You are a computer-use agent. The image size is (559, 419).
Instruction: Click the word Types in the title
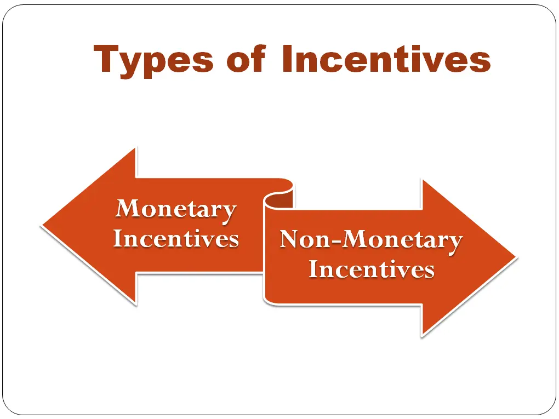tap(153, 60)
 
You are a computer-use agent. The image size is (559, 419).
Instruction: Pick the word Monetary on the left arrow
tap(176, 209)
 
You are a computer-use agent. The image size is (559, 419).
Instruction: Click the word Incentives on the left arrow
tap(176, 239)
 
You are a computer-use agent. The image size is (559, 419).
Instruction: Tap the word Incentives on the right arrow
tap(371, 269)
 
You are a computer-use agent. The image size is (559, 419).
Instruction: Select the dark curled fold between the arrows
tap(278, 200)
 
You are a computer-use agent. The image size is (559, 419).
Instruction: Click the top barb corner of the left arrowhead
tap(135, 148)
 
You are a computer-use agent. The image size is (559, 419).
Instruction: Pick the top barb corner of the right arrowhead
tap(421, 179)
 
